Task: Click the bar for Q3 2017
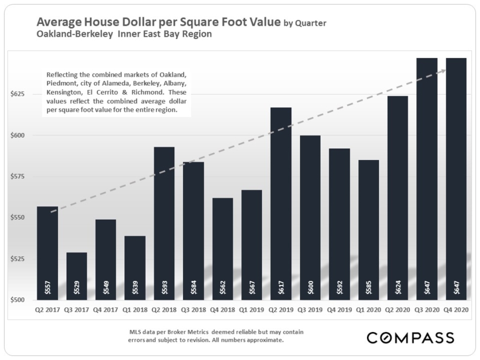[x=76, y=276]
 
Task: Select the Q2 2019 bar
[x=281, y=204]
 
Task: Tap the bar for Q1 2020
[x=369, y=230]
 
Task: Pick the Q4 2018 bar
[x=223, y=249]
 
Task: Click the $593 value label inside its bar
[x=165, y=287]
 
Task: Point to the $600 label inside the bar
[x=310, y=287]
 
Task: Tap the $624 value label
[x=398, y=287]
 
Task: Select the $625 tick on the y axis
[x=17, y=94]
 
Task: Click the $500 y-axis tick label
[x=17, y=300]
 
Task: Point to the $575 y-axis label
[x=17, y=177]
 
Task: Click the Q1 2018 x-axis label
[x=135, y=310]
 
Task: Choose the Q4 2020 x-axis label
[x=456, y=310]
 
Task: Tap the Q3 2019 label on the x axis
[x=310, y=310]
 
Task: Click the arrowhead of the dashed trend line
[x=443, y=71]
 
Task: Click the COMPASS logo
[x=411, y=338]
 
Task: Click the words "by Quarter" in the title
[x=305, y=24]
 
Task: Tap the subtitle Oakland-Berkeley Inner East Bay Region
[x=124, y=34]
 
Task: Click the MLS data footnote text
[x=216, y=336]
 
